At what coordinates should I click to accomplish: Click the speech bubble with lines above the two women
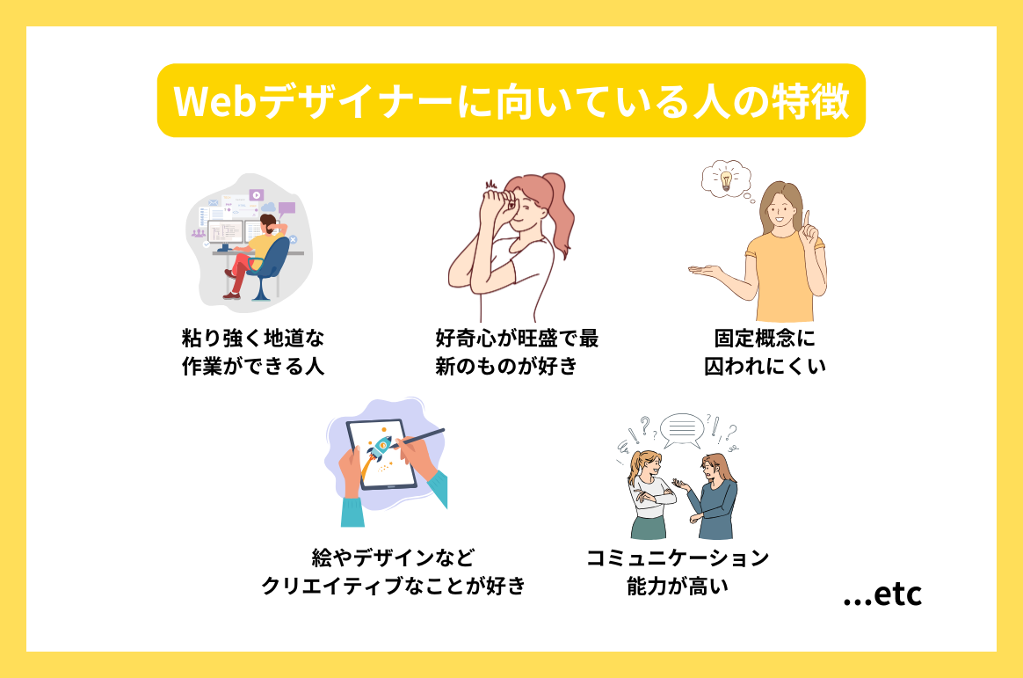(682, 430)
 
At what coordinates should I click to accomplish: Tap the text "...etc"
(882, 594)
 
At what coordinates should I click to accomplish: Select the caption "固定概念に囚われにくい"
(765, 352)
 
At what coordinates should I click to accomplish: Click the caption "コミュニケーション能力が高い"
(678, 571)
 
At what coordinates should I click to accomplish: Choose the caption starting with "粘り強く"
(253, 352)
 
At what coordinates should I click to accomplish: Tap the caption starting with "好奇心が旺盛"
(517, 352)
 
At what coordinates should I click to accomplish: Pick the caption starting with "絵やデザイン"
(393, 571)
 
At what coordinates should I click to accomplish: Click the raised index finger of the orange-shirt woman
(806, 216)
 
